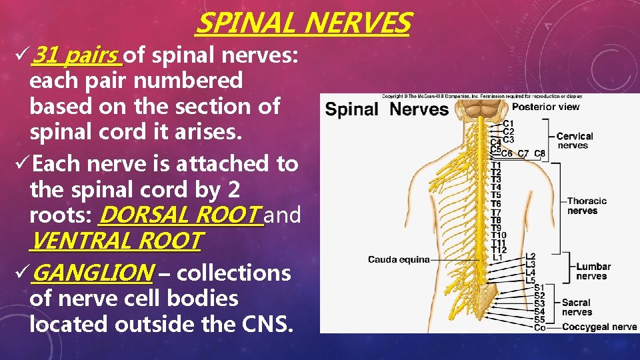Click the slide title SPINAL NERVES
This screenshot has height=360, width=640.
303,23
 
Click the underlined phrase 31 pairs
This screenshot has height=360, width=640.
77,55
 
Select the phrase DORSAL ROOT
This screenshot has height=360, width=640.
180,215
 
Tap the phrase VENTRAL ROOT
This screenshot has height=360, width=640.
115,240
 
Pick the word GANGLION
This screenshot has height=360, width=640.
93,273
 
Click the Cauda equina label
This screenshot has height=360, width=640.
399,259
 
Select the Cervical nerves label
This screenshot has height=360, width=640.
574,141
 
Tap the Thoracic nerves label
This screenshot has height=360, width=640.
587,205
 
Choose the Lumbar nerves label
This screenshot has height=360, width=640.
593,271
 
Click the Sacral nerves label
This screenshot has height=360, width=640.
576,307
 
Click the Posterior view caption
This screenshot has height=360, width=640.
545,107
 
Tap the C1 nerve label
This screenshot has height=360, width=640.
508,123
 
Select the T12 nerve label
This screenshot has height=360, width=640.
498,250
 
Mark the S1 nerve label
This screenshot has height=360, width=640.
539,288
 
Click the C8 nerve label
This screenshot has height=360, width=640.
539,153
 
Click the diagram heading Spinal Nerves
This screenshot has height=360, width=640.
387,109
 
